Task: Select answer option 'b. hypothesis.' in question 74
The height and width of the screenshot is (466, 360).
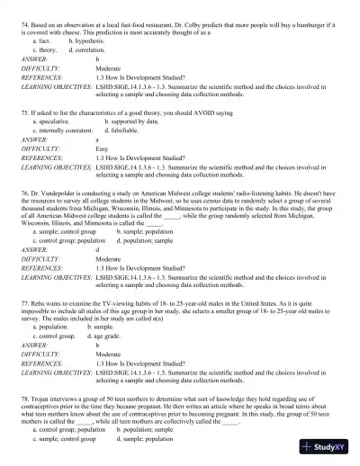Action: coord(87,41)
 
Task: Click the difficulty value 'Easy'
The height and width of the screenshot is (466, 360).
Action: coord(100,148)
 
